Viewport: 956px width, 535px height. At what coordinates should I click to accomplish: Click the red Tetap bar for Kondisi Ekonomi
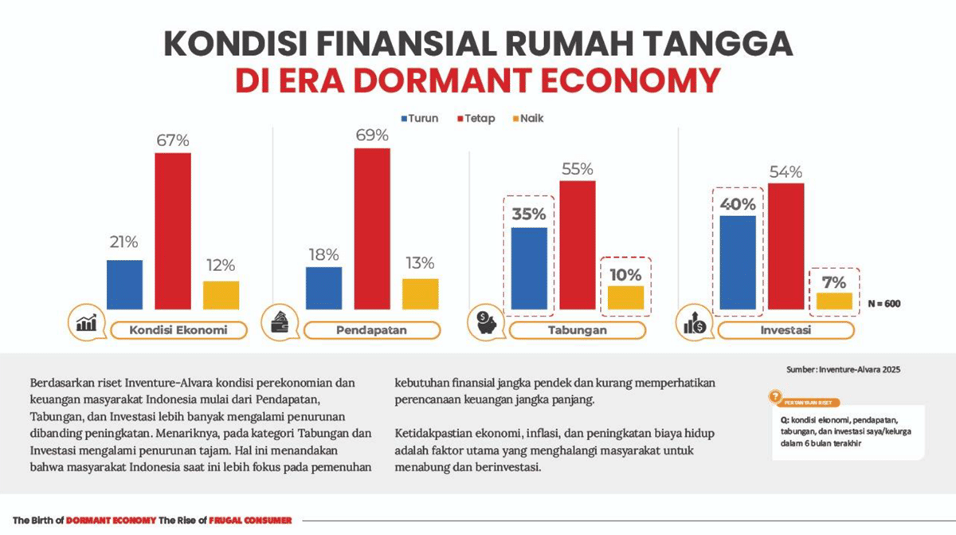[173, 230]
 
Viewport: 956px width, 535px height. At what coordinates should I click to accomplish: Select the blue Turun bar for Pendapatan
[323, 288]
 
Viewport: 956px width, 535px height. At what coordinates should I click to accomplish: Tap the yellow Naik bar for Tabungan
[625, 297]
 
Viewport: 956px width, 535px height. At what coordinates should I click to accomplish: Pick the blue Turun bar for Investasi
[737, 262]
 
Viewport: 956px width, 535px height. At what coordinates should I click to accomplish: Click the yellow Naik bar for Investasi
[834, 301]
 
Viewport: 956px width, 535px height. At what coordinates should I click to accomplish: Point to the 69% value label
[372, 135]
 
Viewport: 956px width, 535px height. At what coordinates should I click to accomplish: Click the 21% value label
[124, 242]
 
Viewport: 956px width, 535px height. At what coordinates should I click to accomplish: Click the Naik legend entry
[527, 119]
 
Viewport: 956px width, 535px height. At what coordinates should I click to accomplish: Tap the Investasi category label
[785, 330]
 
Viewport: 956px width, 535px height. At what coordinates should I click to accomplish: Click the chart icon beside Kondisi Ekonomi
[87, 323]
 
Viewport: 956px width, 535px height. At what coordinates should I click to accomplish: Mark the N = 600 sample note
[885, 303]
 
